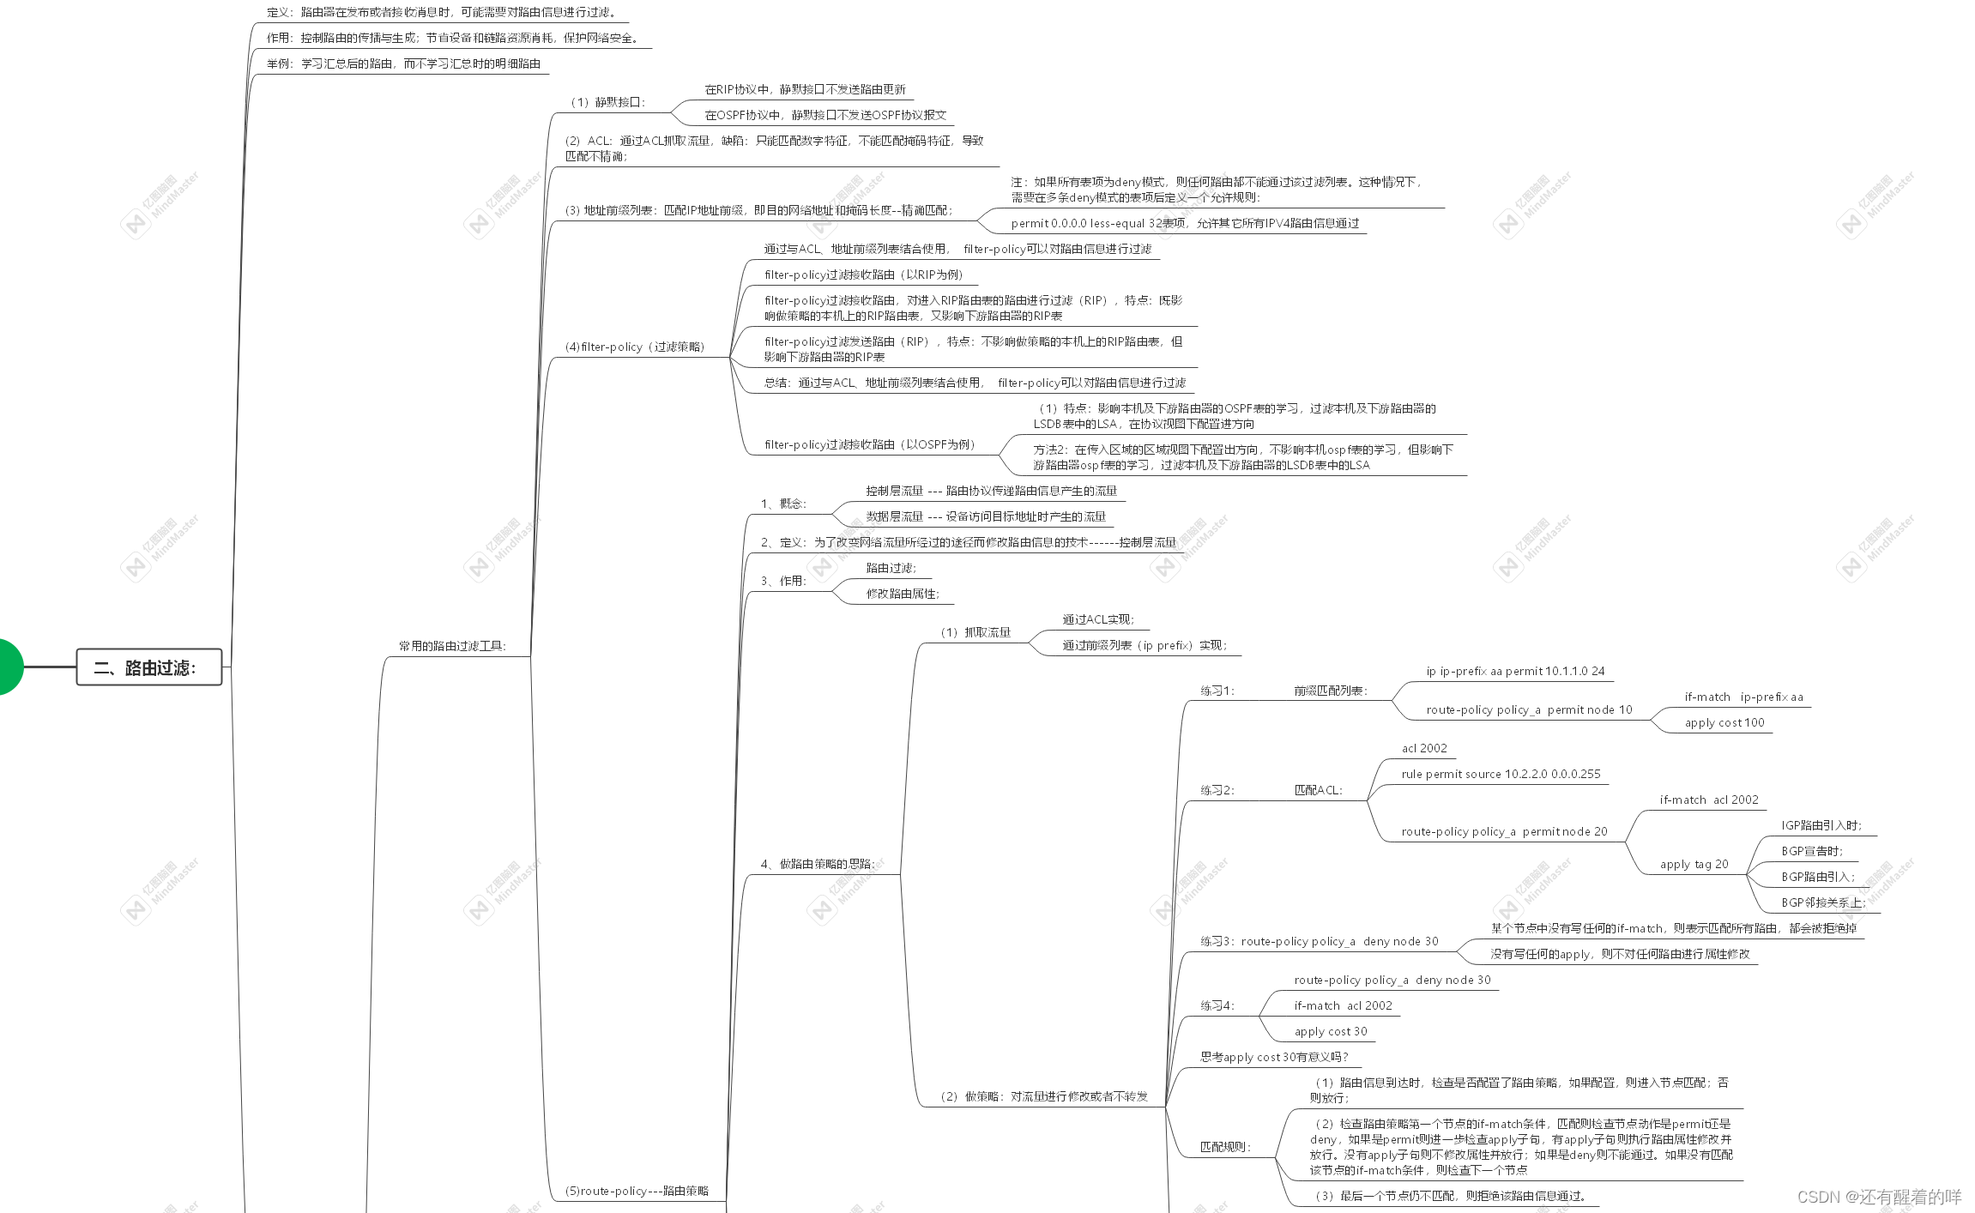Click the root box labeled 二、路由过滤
tap(148, 667)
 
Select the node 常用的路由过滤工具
tap(452, 646)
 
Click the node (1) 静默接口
tap(607, 102)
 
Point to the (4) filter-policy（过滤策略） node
tap(635, 347)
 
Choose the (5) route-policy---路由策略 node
tap(637, 1191)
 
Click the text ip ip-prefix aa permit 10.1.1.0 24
tap(1515, 671)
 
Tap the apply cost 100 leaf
tap(1724, 722)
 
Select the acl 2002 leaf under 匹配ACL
tap(1424, 748)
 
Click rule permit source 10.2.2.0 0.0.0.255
tap(1501, 774)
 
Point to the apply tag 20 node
tap(1694, 864)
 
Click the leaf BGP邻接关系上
tap(1823, 902)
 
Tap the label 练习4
tap(1217, 1005)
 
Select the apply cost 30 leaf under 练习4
tap(1331, 1031)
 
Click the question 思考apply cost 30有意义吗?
tap(1274, 1057)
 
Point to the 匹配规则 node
tap(1225, 1147)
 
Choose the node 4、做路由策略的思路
tap(818, 864)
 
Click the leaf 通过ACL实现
tap(1098, 619)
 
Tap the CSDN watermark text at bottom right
tap(1879, 1197)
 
